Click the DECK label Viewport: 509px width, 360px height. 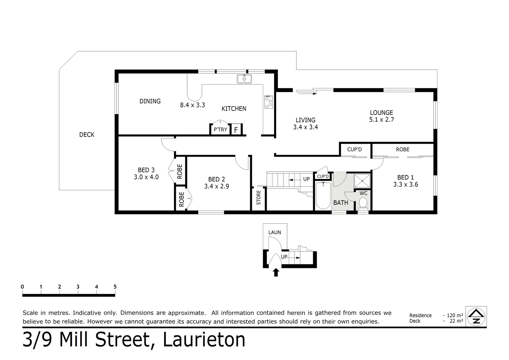(87, 135)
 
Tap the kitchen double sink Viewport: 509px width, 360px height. (245, 79)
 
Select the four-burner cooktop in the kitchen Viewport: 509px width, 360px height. (268, 102)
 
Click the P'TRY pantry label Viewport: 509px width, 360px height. (220, 130)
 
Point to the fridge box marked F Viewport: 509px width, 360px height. (236, 130)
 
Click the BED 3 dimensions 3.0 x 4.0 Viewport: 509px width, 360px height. (146, 177)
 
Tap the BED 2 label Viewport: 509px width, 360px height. (216, 179)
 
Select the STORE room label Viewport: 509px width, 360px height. (259, 197)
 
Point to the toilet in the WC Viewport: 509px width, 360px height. (363, 203)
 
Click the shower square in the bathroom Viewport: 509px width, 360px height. (362, 181)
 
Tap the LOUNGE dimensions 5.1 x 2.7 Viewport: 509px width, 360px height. (381, 120)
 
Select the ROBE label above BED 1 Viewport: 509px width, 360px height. (402, 149)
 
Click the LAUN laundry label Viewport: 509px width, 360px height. (275, 232)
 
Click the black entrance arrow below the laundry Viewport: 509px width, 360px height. (275, 273)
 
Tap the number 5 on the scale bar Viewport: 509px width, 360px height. (115, 287)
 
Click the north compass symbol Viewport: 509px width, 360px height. (476, 316)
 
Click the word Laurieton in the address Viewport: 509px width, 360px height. (204, 340)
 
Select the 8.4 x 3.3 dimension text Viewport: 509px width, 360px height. (192, 105)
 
